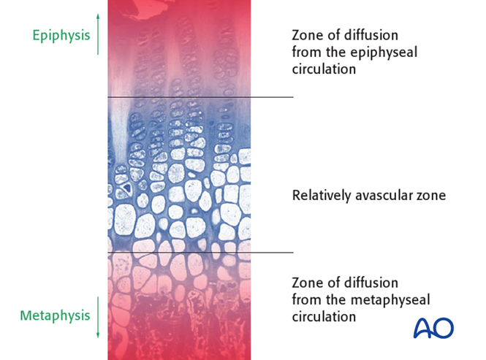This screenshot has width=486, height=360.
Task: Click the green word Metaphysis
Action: [x=55, y=315]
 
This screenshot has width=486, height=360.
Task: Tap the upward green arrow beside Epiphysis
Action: [x=98, y=34]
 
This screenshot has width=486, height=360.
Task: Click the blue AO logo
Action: [x=433, y=328]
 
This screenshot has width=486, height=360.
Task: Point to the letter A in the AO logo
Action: [x=424, y=328]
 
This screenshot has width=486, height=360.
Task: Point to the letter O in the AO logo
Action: [x=444, y=328]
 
